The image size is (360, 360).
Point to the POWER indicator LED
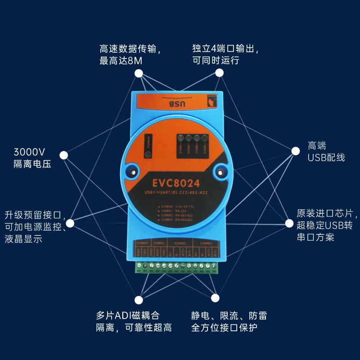147,155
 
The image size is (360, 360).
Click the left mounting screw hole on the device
132,171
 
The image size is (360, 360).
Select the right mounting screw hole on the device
220,170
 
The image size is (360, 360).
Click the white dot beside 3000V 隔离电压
64,155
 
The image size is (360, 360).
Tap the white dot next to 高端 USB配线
296,151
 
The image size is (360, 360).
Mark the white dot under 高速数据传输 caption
139,73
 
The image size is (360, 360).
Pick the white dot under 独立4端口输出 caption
219,73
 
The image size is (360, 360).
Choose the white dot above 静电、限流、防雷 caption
215,298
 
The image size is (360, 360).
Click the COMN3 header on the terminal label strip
206,243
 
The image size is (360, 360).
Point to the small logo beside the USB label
211,102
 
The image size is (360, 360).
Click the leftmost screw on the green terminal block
139,268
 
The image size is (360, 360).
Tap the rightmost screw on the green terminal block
214,268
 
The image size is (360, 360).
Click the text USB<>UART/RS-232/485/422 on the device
176,193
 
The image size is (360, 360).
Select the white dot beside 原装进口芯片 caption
289,223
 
